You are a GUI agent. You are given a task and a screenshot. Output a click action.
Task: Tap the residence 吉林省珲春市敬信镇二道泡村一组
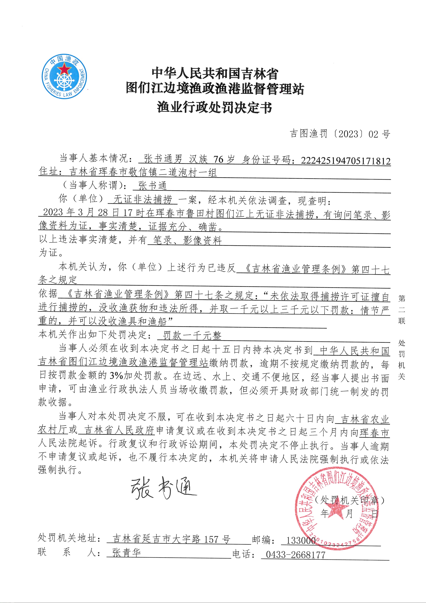[143, 172]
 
